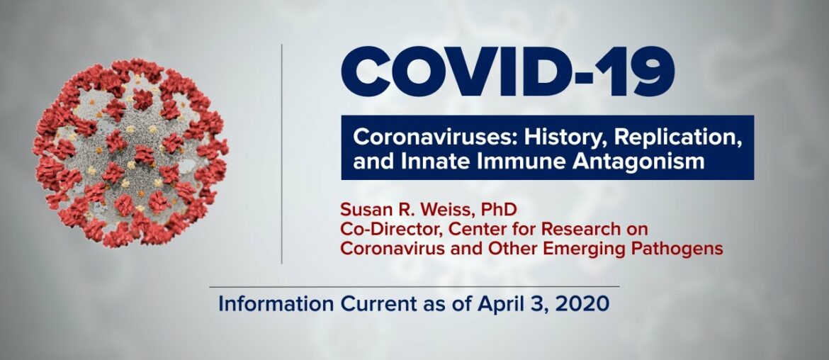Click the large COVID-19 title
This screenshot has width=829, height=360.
point(507,73)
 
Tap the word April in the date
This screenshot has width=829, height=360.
point(493,304)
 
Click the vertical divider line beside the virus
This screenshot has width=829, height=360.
point(281,152)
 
